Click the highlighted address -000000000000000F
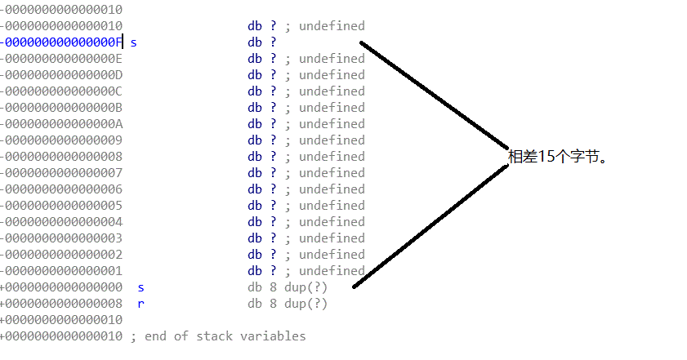(61, 42)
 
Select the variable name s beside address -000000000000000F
(134, 42)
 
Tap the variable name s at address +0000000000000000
(141, 287)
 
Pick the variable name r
(141, 304)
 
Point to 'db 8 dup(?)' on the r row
(288, 304)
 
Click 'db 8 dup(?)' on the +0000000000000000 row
(288, 287)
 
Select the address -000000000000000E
(61, 59)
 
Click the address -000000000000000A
(61, 124)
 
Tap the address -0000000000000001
(61, 271)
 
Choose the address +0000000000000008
(61, 304)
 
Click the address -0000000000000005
(61, 206)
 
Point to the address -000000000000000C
(61, 91)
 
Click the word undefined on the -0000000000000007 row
(332, 173)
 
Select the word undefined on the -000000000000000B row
(332, 108)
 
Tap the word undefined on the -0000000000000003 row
(332, 238)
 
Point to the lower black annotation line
(431, 226)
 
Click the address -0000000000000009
(61, 140)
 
